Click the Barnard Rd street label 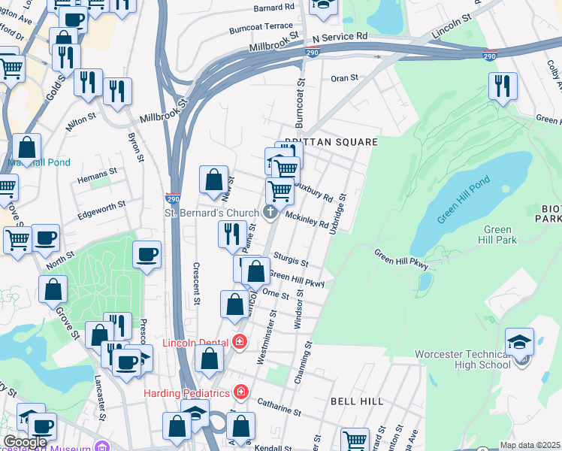[x=273, y=8]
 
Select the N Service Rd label [x=340, y=36]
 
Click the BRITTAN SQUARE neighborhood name [x=330, y=141]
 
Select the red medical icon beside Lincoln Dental [x=240, y=343]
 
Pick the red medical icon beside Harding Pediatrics [x=240, y=392]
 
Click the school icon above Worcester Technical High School [x=519, y=342]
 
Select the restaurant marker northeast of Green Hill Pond [x=503, y=86]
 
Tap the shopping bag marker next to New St [x=213, y=180]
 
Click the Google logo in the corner [x=25, y=442]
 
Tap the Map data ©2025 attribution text [x=530, y=445]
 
